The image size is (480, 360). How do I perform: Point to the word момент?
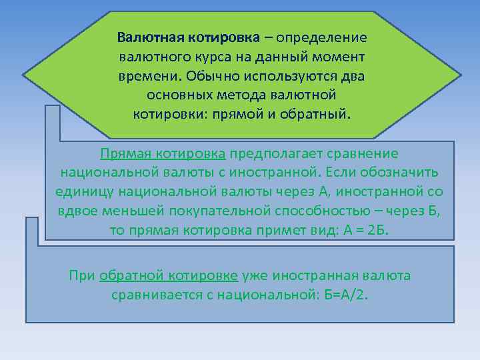[x=339, y=55]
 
